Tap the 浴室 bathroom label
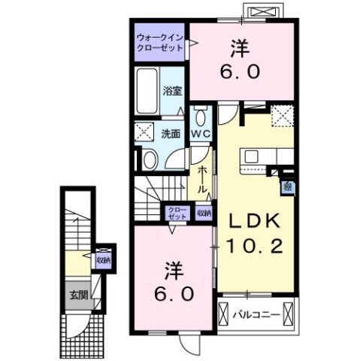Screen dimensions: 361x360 pyautogui.click(x=172, y=92)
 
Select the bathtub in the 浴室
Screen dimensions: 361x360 pyautogui.click(x=148, y=86)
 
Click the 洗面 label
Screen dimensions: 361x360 pyautogui.click(x=171, y=135)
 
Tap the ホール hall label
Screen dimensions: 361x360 pyautogui.click(x=202, y=181)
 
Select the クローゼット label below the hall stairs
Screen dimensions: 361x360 pyautogui.click(x=177, y=214)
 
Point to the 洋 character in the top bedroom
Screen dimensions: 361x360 pyautogui.click(x=240, y=47)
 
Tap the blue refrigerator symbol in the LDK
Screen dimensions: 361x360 pyautogui.click(x=287, y=188)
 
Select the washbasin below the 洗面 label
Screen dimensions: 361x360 pyautogui.click(x=150, y=159)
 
